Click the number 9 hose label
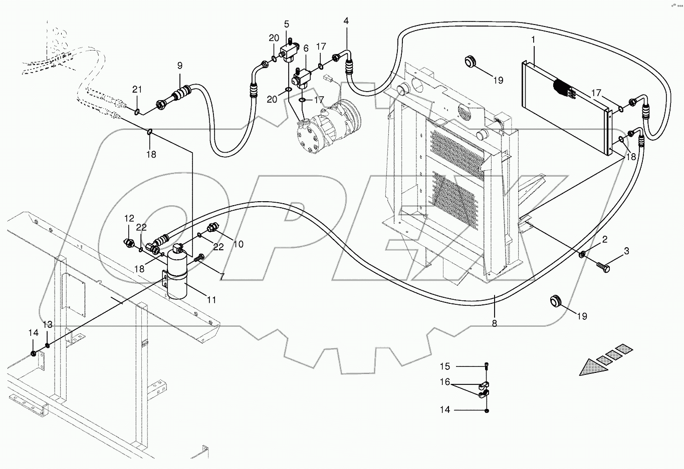pyautogui.click(x=179, y=65)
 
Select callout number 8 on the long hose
pyautogui.click(x=494, y=323)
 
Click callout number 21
pyautogui.click(x=137, y=89)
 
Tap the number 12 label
pyautogui.click(x=129, y=218)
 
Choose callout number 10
pyautogui.click(x=239, y=244)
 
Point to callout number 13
pyautogui.click(x=47, y=325)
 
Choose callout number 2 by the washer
pyautogui.click(x=605, y=239)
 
